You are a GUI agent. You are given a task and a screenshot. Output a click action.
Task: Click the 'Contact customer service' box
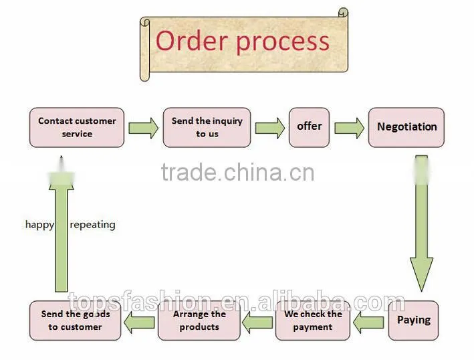pos(77,127)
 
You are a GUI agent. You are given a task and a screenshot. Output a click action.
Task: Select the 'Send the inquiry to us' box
pos(207,127)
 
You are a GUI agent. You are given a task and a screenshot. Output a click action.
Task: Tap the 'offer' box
pos(310,127)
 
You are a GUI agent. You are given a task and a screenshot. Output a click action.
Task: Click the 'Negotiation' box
pos(406,127)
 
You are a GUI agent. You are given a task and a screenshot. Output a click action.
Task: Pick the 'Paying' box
pos(413,321)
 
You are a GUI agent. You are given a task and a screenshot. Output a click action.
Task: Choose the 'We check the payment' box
pos(313,321)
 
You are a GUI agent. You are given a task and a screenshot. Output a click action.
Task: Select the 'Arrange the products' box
pos(199,321)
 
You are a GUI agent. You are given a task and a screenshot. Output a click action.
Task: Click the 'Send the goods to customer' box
pos(76,321)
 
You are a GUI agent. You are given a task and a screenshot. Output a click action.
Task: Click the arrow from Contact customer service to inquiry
pos(143,128)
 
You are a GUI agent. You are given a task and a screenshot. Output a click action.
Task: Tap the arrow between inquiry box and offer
pos(269,128)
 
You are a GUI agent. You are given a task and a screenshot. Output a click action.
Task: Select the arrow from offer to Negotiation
pos(349,128)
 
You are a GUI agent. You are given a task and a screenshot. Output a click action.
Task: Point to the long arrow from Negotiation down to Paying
pos(421,223)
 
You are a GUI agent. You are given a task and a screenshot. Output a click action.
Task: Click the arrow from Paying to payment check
pos(368,323)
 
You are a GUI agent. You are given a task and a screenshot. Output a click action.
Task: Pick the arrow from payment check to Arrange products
pos(257,323)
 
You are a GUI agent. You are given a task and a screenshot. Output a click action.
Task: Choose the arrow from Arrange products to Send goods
pos(139,323)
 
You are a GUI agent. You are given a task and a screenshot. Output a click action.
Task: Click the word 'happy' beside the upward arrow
pos(39,225)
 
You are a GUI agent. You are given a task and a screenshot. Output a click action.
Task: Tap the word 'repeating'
pos(92,225)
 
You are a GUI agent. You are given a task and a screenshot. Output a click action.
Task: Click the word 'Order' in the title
pos(191,41)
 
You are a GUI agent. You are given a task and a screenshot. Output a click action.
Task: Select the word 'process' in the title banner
pos(283,43)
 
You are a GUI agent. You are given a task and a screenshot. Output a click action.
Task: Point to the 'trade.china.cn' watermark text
pos(237,173)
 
